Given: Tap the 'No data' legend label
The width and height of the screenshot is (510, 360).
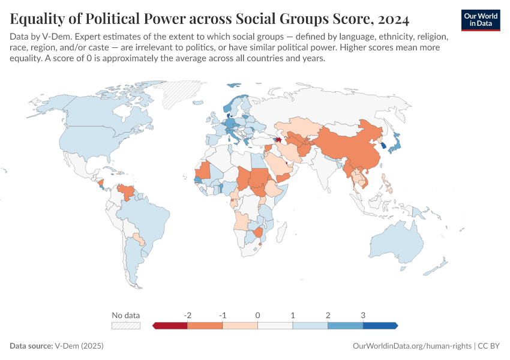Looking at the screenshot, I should click(x=125, y=315).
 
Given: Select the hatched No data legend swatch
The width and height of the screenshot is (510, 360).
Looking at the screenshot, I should click(x=125, y=325).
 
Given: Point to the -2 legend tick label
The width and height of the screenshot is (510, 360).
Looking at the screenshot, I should click(x=187, y=315).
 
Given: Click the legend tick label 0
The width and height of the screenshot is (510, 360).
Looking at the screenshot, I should click(x=257, y=315).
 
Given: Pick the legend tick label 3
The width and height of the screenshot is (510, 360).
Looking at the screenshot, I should click(x=363, y=315).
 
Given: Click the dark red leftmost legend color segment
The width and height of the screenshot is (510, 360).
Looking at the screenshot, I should click(x=171, y=325).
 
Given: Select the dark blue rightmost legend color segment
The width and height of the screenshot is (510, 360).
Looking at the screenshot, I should click(x=380, y=325).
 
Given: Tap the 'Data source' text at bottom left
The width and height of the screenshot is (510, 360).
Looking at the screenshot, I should click(x=31, y=346).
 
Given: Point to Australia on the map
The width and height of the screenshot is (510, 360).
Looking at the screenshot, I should click(x=395, y=247).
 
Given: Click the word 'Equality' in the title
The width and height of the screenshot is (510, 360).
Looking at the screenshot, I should click(x=38, y=20).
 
